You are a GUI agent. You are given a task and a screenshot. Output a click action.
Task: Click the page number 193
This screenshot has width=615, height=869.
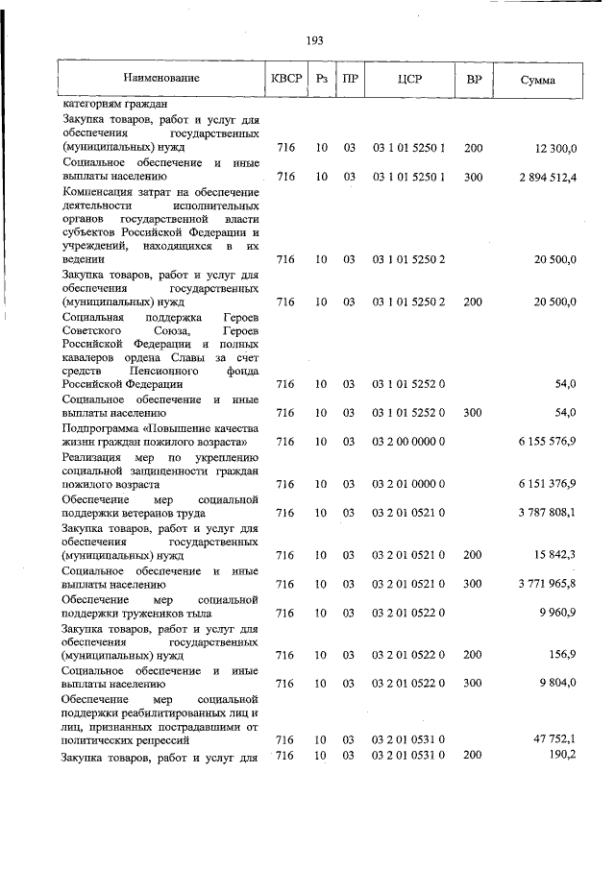313,40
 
